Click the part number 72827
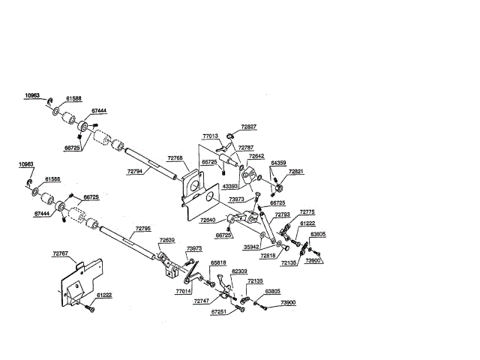pos(248,127)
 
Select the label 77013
pos(210,136)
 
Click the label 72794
pos(135,172)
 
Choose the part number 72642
pos(256,156)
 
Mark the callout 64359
pos(278,162)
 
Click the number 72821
pos(296,172)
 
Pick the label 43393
pos(230,185)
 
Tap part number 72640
pos(208,220)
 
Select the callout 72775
pos(308,212)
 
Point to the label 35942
pos(251,245)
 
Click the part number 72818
pos(268,255)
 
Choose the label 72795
pos(143,228)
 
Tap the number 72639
pos(167,241)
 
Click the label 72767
pos(60,254)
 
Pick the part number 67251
pos(218,310)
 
